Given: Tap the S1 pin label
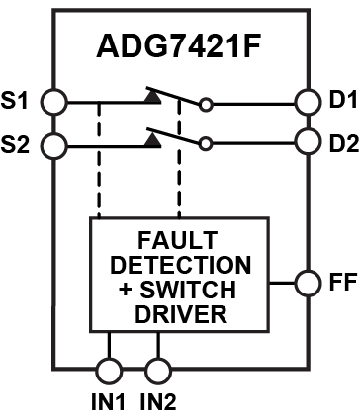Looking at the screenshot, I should point(18,101).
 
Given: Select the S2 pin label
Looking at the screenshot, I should point(18,145).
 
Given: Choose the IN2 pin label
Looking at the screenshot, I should point(159,404).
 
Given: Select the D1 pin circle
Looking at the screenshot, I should point(306,102).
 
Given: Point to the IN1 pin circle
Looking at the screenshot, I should point(108,372).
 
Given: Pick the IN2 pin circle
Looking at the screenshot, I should point(155,372).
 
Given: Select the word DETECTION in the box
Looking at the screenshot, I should point(180,267).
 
